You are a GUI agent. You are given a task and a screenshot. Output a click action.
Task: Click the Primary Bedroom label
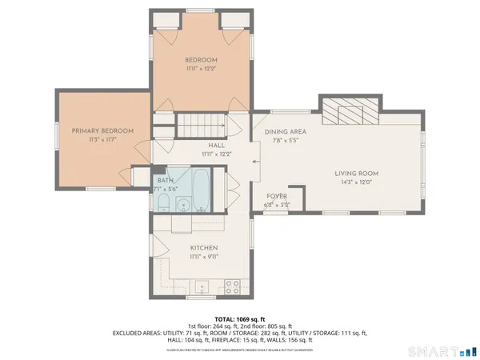coord(102,130)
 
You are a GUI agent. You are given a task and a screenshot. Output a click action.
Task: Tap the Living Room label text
coord(356,173)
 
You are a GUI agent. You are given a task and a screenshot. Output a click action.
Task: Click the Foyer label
coord(277,196)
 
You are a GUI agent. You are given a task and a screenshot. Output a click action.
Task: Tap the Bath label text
coord(166,181)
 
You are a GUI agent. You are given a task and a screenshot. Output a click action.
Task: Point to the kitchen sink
coord(201,286)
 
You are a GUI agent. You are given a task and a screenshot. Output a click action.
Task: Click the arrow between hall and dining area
coord(254,161)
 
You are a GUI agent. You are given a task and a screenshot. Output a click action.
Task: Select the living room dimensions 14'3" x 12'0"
coord(356,182)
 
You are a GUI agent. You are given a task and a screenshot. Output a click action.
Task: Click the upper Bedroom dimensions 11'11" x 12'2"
coord(202,68)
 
